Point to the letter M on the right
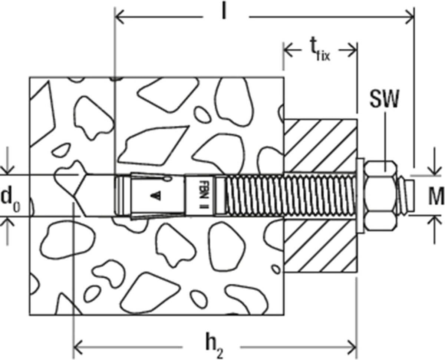click(436, 196)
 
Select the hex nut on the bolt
click(380, 196)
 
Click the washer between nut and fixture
click(360, 195)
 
